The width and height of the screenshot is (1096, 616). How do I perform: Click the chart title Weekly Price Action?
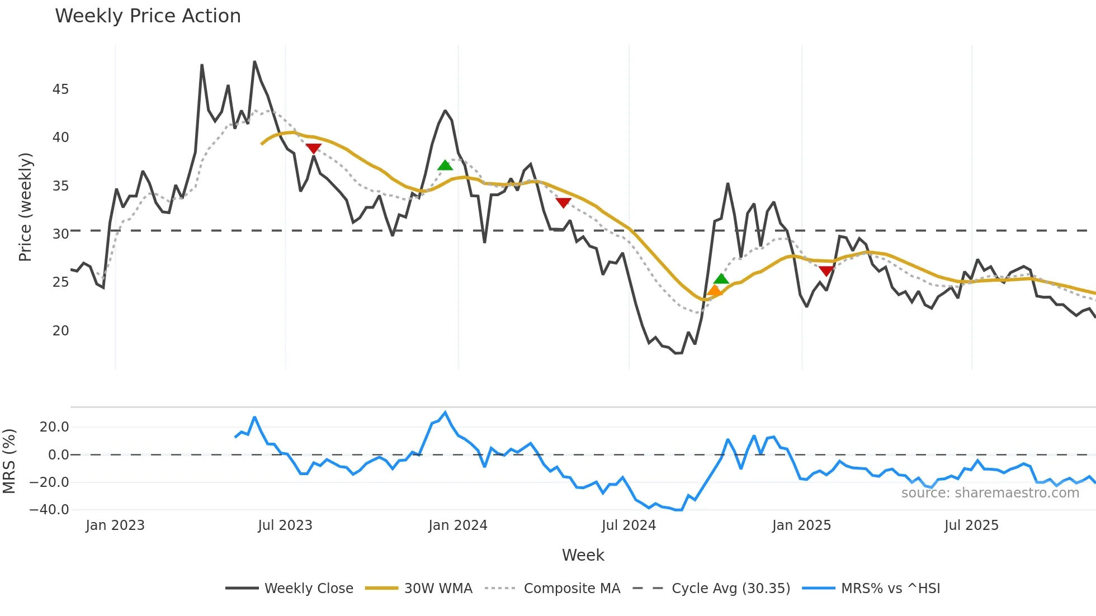148,16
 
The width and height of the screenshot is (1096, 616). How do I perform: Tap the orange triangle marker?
714,290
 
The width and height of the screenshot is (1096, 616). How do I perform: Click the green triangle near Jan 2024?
445,165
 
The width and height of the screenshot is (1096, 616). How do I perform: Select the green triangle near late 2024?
721,279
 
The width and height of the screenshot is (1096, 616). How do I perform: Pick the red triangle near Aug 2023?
314,148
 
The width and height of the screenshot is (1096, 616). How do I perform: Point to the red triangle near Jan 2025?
826,271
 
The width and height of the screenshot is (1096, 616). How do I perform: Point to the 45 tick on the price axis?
60,89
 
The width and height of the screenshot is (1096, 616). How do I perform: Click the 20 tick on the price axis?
60,331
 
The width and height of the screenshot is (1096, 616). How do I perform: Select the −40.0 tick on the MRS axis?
49,510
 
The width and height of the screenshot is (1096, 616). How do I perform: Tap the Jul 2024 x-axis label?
629,525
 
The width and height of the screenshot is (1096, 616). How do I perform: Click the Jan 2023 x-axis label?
115,525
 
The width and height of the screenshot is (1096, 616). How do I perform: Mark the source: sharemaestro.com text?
990,493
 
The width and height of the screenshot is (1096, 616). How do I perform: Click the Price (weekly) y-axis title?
25,207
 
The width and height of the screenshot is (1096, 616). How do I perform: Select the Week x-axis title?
583,555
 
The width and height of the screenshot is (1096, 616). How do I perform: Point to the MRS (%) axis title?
10,461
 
